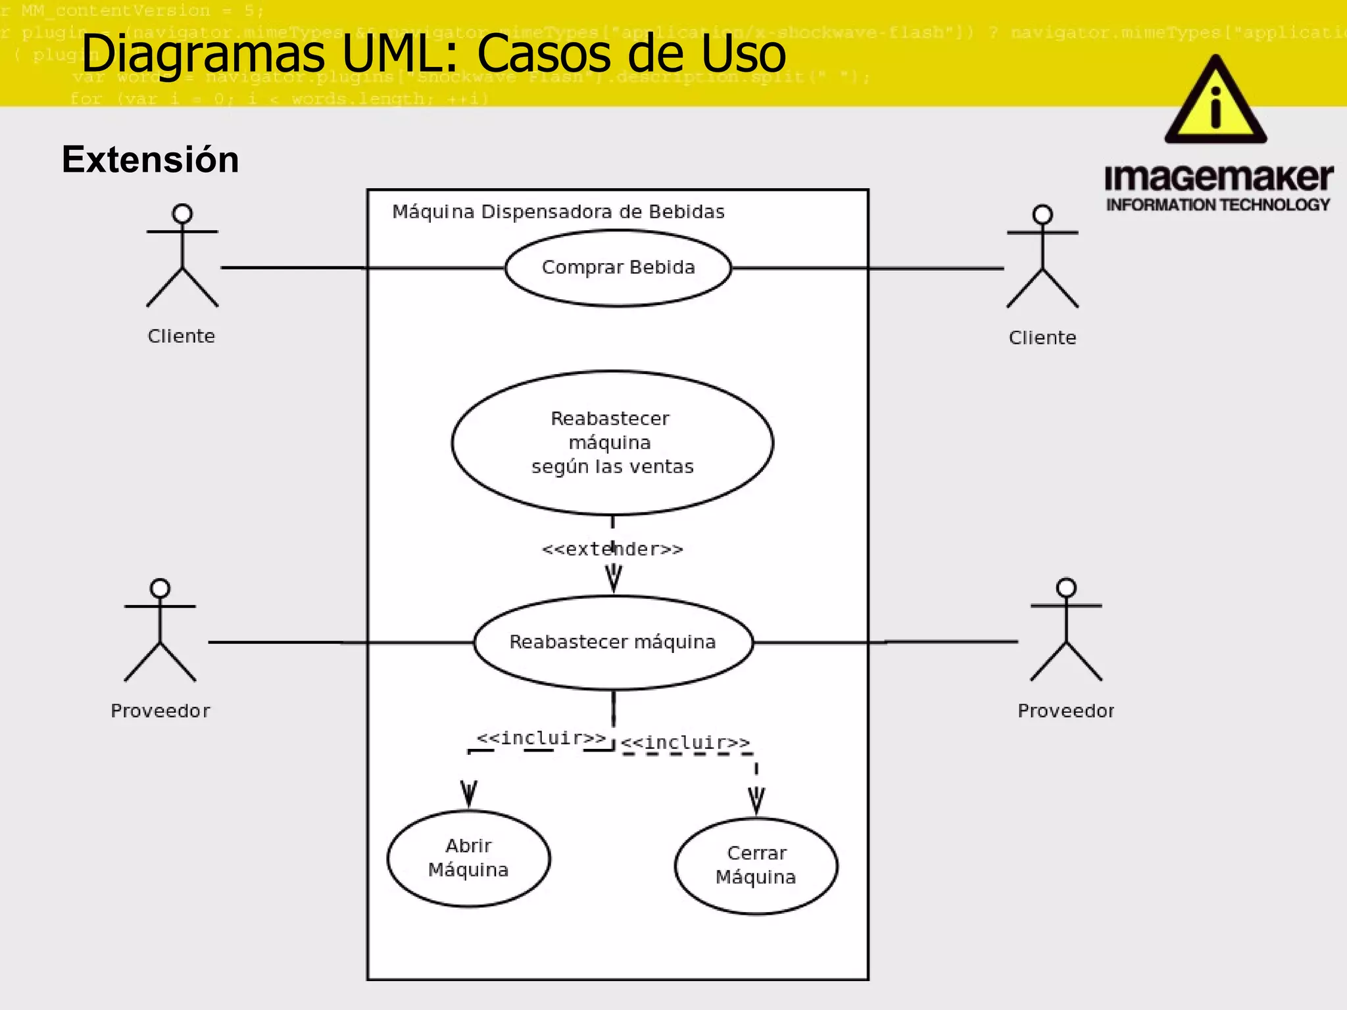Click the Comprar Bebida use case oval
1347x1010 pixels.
[618, 268]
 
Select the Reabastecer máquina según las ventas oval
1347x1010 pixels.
[612, 443]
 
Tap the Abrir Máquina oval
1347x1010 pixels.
[468, 858]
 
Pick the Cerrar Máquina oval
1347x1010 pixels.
[756, 865]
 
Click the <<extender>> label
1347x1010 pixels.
[612, 549]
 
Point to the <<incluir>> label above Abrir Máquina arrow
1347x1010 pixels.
[541, 738]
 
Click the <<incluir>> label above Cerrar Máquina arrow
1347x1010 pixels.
[685, 742]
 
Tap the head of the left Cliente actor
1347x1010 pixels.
[182, 214]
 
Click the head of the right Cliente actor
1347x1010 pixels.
[1042, 214]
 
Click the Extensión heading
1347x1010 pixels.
[151, 160]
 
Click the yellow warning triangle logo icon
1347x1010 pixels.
[1215, 102]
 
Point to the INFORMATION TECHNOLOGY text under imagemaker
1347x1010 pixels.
[1218, 205]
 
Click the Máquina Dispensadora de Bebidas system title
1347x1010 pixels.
[558, 212]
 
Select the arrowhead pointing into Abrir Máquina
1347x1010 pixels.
[468, 794]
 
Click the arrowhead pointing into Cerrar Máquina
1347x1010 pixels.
[756, 800]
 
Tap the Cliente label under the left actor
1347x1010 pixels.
[182, 336]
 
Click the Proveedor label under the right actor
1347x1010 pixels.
[1065, 711]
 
